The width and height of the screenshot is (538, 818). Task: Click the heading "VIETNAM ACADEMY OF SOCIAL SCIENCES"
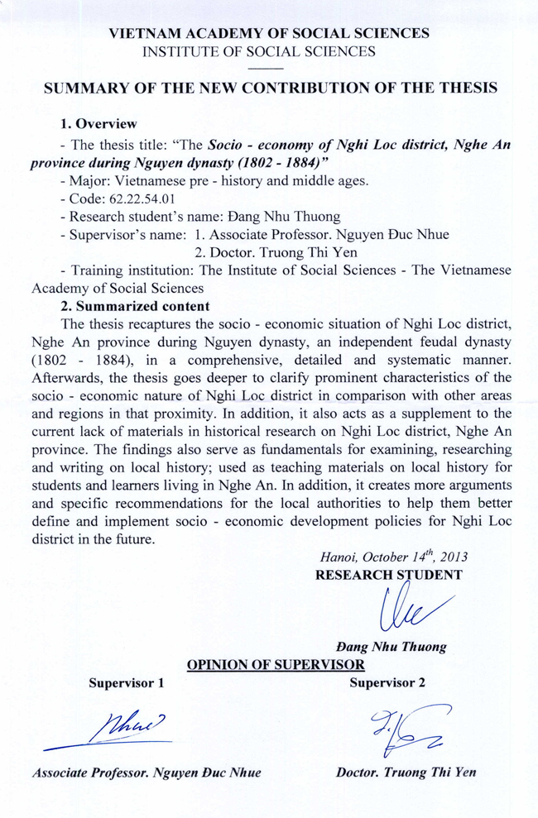click(269, 34)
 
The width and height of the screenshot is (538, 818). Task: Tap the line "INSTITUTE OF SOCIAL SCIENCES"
click(269, 51)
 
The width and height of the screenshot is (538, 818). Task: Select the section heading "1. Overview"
click(98, 124)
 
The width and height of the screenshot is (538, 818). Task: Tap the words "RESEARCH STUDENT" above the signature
click(389, 575)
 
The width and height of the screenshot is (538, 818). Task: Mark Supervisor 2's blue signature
click(408, 728)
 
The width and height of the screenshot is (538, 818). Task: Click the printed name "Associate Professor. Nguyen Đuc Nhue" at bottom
click(147, 773)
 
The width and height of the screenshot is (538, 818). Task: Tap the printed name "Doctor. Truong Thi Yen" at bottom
click(406, 773)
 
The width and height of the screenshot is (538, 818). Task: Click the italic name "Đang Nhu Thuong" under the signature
click(391, 647)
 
